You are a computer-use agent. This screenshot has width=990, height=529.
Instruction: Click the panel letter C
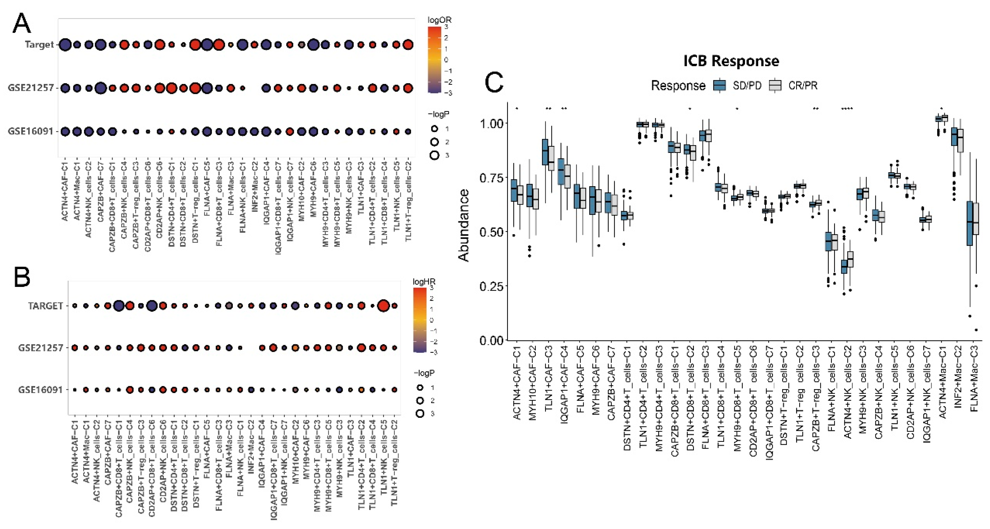click(x=494, y=83)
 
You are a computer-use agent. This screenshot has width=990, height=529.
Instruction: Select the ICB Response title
click(x=731, y=61)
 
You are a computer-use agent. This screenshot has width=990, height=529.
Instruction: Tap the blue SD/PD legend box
click(x=719, y=85)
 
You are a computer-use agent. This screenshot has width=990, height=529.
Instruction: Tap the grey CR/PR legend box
click(x=776, y=85)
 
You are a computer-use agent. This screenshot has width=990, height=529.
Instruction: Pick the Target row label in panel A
click(x=39, y=45)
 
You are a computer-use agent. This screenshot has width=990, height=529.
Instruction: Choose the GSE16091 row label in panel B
click(x=40, y=390)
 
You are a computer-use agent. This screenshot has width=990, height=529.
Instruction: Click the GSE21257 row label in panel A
click(x=31, y=88)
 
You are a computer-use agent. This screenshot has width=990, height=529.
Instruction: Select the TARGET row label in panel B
click(x=45, y=306)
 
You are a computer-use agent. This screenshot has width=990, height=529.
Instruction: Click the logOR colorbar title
click(x=439, y=20)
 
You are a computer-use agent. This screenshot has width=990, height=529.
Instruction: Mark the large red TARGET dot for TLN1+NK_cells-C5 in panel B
click(x=383, y=306)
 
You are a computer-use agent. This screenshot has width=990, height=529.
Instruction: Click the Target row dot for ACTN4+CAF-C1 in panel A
click(x=65, y=45)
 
